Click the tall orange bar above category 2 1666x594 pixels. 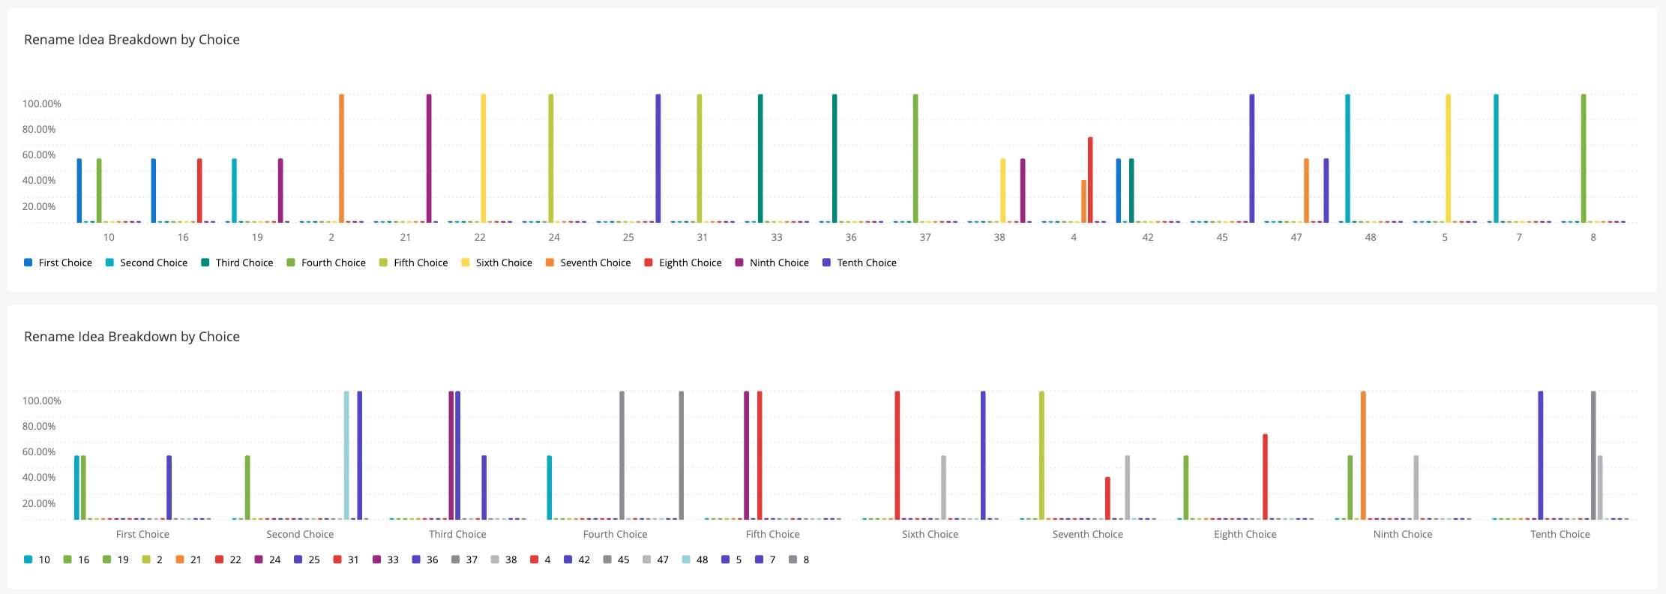[341, 158]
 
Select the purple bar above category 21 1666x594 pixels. [429, 158]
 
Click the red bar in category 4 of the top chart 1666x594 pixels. [1090, 180]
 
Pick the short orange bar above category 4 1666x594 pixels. [1083, 201]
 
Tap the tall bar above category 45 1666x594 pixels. [1252, 158]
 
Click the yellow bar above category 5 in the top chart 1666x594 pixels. [1449, 158]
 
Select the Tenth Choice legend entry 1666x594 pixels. [859, 262]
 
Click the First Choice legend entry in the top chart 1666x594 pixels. [58, 262]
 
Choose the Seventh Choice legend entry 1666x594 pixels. [588, 262]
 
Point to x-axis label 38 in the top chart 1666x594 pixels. [999, 237]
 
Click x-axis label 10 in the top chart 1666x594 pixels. [109, 237]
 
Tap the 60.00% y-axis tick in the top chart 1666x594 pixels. [39, 154]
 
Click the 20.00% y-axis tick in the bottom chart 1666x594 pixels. [39, 503]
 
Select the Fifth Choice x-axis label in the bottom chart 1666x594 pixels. [772, 534]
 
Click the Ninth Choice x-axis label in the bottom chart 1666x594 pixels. [1403, 534]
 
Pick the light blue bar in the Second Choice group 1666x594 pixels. [346, 455]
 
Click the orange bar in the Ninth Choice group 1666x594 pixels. [1363, 455]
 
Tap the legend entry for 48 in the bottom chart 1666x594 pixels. [695, 559]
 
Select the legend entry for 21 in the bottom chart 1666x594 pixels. [188, 559]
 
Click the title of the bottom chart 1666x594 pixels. [132, 337]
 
